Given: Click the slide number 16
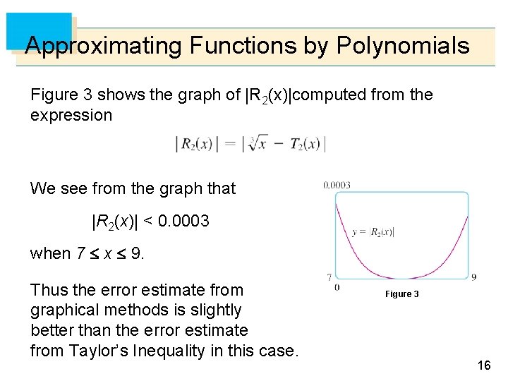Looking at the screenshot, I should tap(483, 365).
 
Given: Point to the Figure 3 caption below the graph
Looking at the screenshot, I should tap(401, 294).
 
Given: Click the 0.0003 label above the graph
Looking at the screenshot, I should tap(337, 186).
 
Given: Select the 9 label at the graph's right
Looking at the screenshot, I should tap(473, 276).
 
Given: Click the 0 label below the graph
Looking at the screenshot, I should tap(337, 287).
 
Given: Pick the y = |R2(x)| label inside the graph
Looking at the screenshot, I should tap(373, 231).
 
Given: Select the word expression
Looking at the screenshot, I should tap(71, 115).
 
